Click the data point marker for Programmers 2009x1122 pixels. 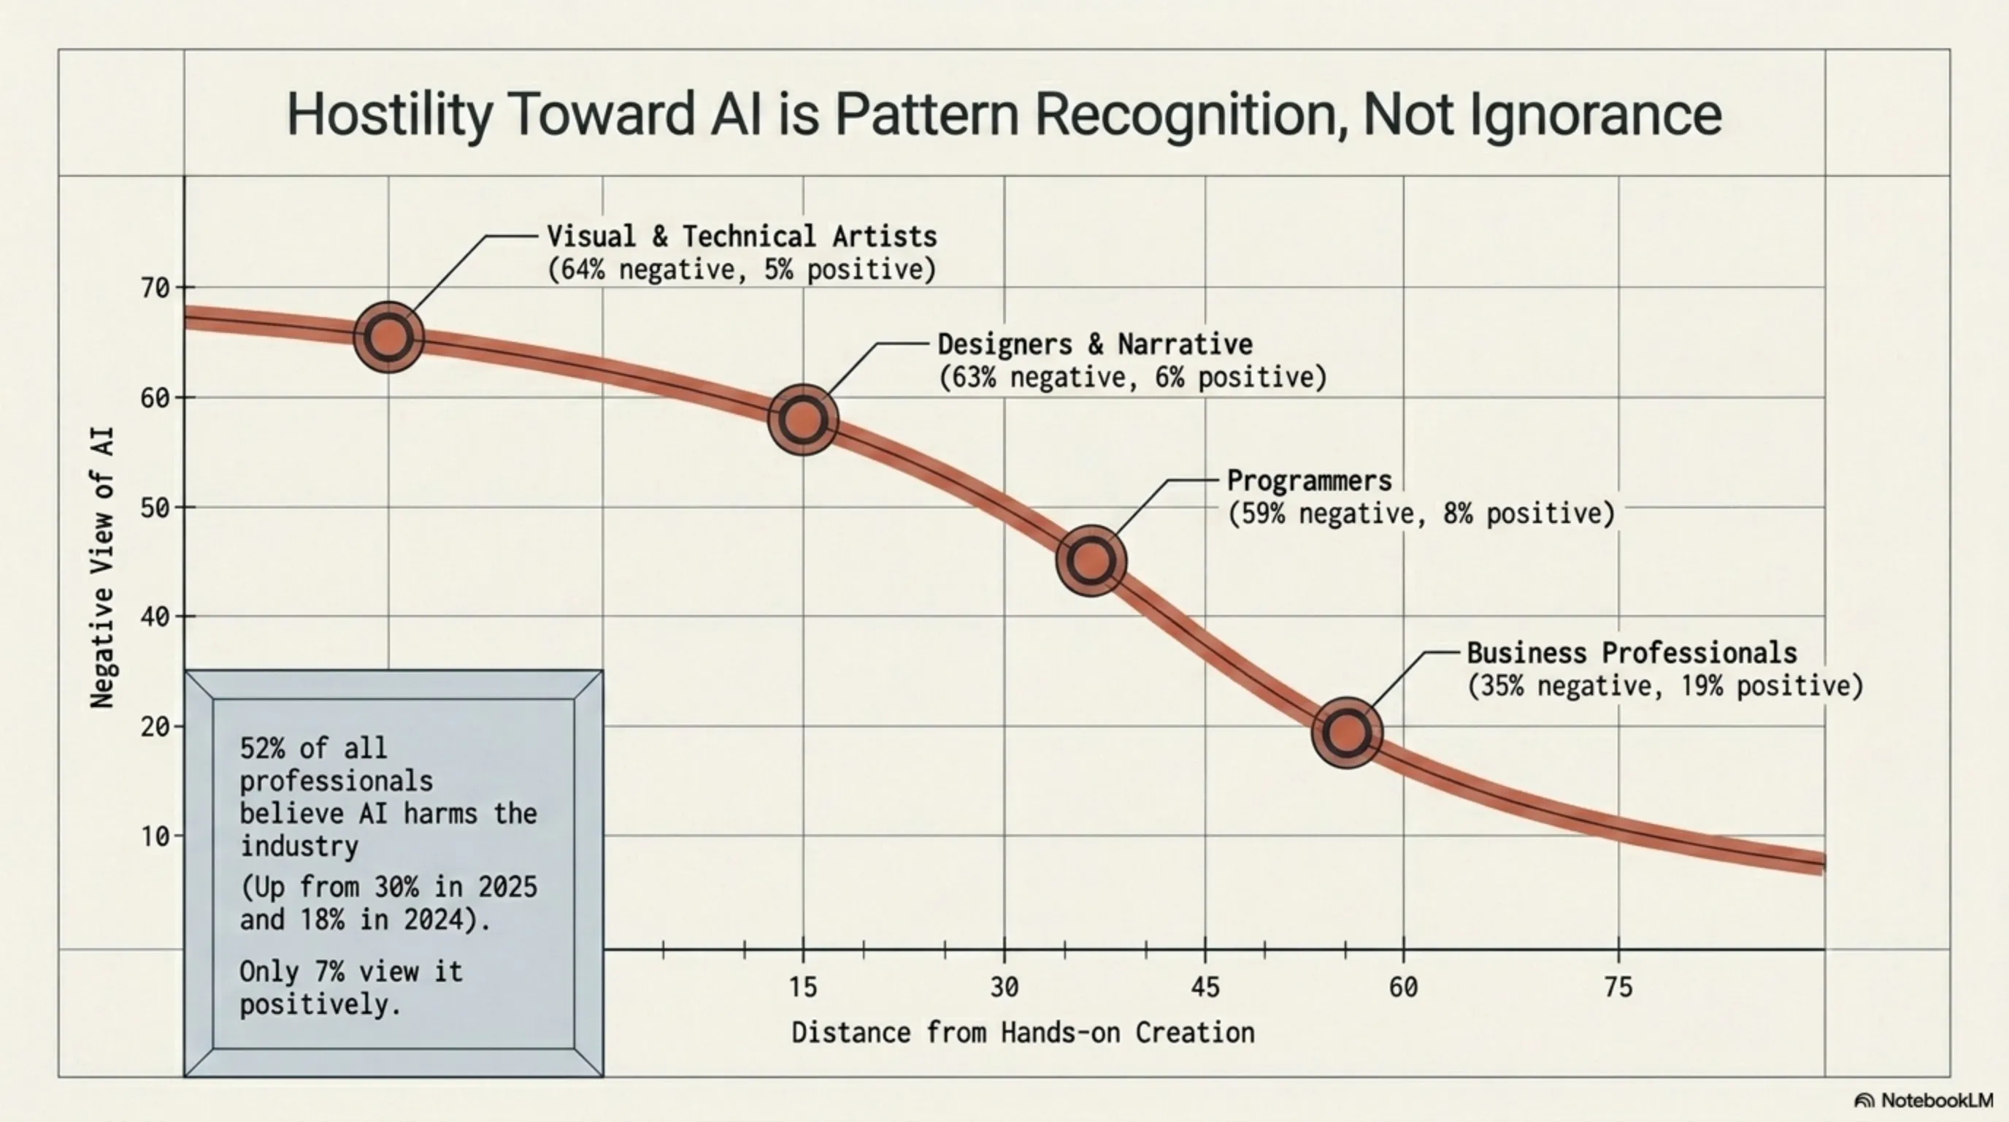1091,560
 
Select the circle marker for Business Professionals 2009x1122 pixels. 1347,733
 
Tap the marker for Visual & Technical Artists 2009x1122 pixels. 388,337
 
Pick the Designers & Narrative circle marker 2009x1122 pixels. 803,420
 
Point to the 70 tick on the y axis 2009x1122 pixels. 156,289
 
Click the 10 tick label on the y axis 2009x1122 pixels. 156,836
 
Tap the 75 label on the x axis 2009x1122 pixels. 1618,988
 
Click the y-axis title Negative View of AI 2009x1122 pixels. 102,568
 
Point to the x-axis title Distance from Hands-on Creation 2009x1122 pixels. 1023,1033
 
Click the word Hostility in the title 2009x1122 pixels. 388,115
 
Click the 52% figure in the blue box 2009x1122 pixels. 262,748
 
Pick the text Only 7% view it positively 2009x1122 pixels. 350,988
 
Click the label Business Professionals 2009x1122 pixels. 1632,652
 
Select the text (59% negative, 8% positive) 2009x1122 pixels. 1420,514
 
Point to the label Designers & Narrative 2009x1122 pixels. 1094,344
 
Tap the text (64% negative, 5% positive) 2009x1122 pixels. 741,270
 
